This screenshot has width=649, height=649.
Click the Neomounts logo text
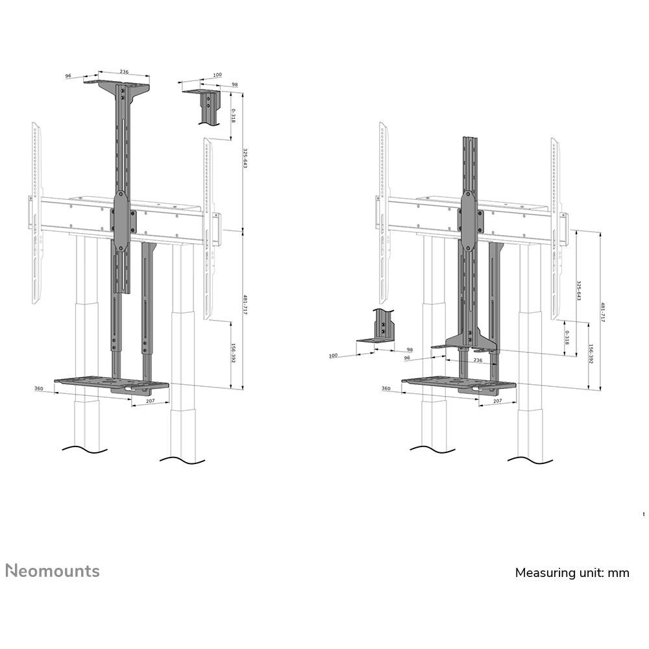(x=53, y=571)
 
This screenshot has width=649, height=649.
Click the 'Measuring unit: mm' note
(x=572, y=572)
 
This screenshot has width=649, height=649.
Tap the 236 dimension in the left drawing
(x=123, y=73)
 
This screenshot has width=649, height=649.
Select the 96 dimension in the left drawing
(x=68, y=76)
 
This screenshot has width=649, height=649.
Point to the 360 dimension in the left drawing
(x=39, y=388)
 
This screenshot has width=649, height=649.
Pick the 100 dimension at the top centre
(x=217, y=76)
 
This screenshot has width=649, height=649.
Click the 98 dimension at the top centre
(x=234, y=84)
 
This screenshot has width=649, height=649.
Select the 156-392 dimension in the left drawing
(x=233, y=356)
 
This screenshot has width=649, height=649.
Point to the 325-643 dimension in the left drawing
(x=245, y=160)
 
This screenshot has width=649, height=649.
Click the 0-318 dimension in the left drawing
(x=233, y=116)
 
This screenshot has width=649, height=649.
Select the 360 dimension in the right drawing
(x=386, y=388)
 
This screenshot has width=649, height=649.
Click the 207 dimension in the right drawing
(x=497, y=402)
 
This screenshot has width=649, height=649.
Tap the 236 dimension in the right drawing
(x=478, y=360)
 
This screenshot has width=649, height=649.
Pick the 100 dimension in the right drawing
(x=333, y=356)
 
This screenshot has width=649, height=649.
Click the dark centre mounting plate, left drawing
(x=122, y=221)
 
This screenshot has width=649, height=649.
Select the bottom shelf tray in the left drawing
(x=110, y=384)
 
